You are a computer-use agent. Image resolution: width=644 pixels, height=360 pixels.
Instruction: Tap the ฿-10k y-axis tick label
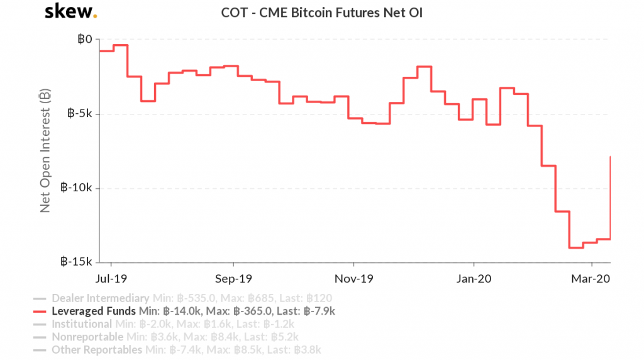click(x=76, y=188)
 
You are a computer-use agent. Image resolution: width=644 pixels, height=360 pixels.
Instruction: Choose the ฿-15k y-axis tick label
click(x=76, y=261)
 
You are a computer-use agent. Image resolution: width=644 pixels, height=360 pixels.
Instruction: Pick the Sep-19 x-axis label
click(x=233, y=278)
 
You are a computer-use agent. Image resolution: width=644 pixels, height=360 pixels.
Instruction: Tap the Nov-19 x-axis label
click(x=353, y=278)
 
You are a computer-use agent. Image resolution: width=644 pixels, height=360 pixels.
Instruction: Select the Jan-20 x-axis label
click(x=474, y=278)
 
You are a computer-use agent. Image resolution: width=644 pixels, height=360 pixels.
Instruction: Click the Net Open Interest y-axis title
click(x=45, y=151)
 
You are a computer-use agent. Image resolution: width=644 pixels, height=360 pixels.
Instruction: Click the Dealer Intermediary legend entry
click(x=100, y=298)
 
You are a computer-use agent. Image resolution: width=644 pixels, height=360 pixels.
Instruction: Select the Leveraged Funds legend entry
click(x=93, y=311)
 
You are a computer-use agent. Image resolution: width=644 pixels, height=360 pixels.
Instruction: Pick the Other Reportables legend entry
click(x=97, y=349)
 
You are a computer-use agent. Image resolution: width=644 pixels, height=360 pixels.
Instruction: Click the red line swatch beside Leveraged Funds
click(x=40, y=312)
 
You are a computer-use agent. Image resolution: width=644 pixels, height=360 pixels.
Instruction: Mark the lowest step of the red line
click(x=576, y=247)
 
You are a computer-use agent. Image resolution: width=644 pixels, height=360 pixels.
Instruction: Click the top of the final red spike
click(x=611, y=156)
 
